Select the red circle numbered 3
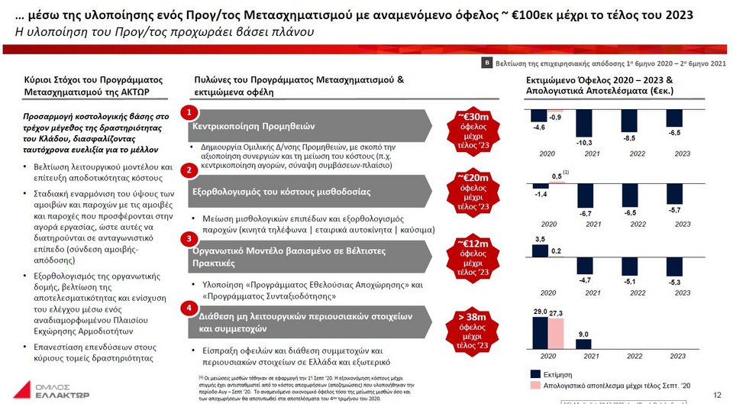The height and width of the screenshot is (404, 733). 188,239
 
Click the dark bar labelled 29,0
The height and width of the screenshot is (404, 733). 541,332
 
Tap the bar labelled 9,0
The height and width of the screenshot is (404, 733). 585,344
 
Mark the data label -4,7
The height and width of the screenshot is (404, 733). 585,280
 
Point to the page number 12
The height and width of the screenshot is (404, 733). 716,394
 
